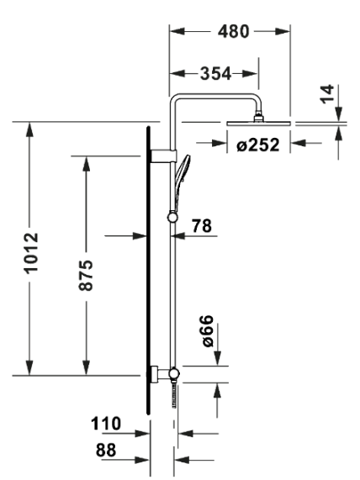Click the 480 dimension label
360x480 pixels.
point(234,32)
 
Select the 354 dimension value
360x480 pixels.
point(215,74)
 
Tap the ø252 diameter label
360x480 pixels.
point(258,145)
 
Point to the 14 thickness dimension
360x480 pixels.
point(326,94)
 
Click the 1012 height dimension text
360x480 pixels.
point(31,253)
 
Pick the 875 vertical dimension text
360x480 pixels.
point(86,275)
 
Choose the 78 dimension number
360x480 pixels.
point(202,226)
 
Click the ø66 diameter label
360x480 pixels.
point(208,331)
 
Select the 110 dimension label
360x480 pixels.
point(106,424)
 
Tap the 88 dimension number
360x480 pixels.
point(106,450)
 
